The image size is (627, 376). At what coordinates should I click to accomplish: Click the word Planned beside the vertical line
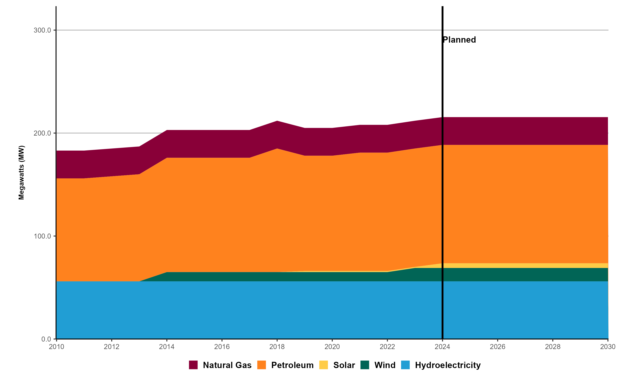tap(459, 40)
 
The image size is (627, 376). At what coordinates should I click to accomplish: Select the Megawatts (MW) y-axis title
tap(22, 173)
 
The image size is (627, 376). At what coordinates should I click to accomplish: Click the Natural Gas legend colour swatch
tap(193, 365)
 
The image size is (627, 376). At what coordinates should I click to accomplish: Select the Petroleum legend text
tap(292, 365)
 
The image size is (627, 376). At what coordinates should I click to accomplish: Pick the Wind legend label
tap(385, 365)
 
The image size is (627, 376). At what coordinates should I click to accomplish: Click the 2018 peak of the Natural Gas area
tap(277, 122)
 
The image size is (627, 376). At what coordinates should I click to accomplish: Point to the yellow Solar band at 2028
tap(552, 266)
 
